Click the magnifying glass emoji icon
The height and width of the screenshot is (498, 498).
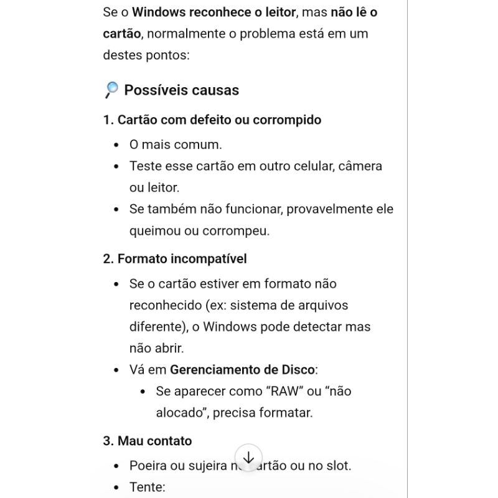111,90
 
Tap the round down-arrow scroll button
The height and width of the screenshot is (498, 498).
248,458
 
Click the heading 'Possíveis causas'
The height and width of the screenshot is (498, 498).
181,90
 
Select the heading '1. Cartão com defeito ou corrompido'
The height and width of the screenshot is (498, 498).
212,120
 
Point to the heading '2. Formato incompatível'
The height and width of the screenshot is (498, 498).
175,258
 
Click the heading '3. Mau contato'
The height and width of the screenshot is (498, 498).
148,441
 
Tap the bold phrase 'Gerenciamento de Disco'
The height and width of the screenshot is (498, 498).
242,370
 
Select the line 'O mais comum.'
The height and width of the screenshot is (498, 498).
176,145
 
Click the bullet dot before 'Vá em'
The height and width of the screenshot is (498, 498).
116,370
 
